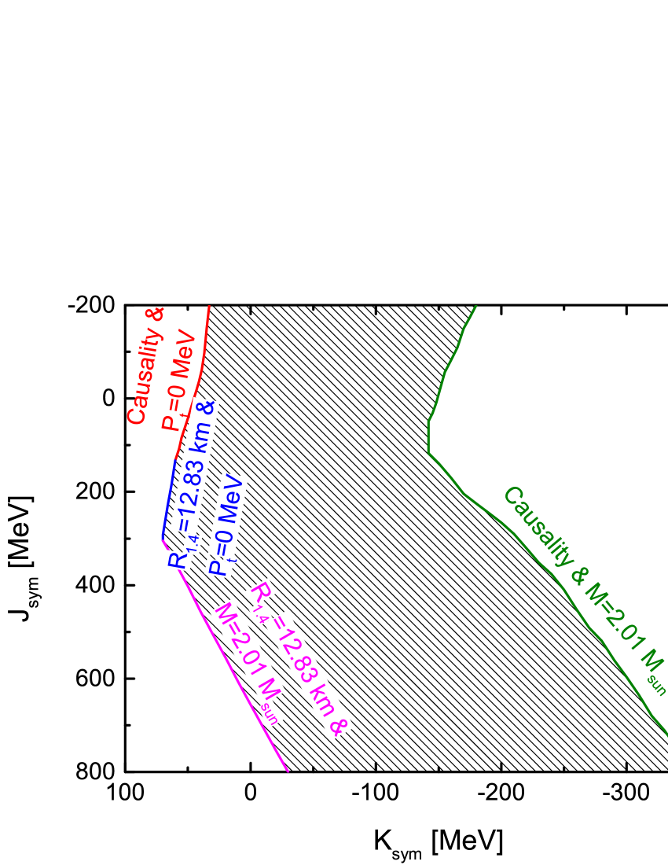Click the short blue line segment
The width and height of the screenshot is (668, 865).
(168, 499)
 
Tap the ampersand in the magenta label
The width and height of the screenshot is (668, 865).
(336, 727)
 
